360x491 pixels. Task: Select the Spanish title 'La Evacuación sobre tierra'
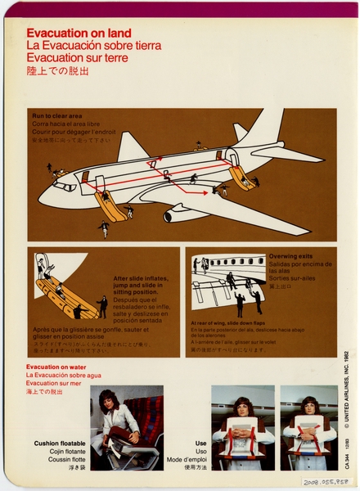[x=94, y=46]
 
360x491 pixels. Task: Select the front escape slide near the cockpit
[x=110, y=205]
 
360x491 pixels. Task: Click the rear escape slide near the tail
[x=241, y=175]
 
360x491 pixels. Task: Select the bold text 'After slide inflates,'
[x=142, y=278]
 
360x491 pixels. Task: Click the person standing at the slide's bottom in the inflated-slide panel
[x=102, y=306]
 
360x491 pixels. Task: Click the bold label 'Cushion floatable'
[x=58, y=444]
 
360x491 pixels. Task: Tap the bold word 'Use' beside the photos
[x=200, y=444]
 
